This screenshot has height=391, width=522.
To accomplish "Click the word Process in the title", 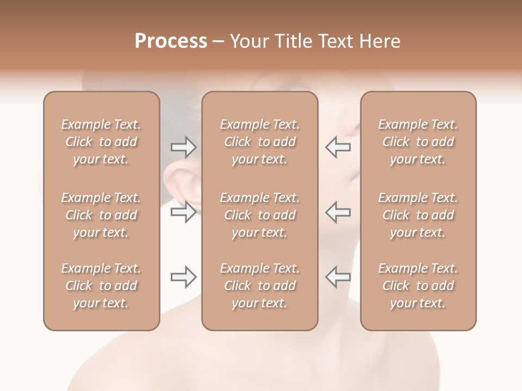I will (171, 41).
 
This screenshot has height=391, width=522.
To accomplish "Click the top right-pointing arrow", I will (183, 147).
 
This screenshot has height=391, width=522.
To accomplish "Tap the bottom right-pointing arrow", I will (183, 278).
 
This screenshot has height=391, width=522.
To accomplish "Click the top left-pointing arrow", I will (338, 147).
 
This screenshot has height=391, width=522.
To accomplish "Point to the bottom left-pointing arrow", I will (338, 278).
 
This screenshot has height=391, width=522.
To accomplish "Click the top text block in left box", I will (101, 142).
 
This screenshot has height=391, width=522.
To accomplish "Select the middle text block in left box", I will (101, 215).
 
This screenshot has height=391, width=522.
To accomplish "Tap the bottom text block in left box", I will (101, 286).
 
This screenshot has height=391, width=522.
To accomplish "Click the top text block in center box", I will (260, 142).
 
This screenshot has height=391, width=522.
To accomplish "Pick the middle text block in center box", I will (260, 215).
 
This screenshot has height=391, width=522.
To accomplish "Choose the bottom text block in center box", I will (260, 286).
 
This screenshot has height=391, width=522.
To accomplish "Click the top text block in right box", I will (418, 142).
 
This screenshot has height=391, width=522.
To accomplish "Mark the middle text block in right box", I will (418, 215).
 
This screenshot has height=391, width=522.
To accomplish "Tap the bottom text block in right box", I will (418, 286).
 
